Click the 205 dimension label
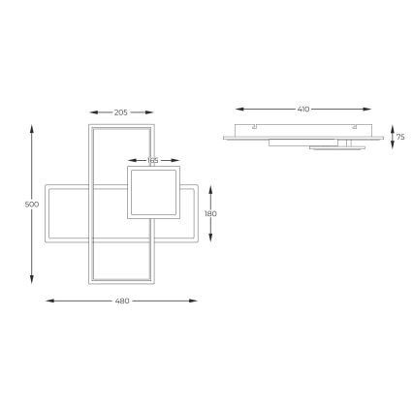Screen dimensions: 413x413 pyautogui.click(x=121, y=112)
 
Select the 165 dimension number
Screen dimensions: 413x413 pyautogui.click(x=153, y=160)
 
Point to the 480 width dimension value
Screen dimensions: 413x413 pyautogui.click(x=123, y=302)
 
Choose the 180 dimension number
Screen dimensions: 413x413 pyautogui.click(x=211, y=213)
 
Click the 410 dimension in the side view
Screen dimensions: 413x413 pyautogui.click(x=303, y=110)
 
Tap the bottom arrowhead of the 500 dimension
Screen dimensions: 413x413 pyautogui.click(x=35, y=288)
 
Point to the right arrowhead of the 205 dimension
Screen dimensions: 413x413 pyautogui.click(x=151, y=112)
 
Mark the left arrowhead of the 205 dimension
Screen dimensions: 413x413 pyautogui.click(x=90, y=112)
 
